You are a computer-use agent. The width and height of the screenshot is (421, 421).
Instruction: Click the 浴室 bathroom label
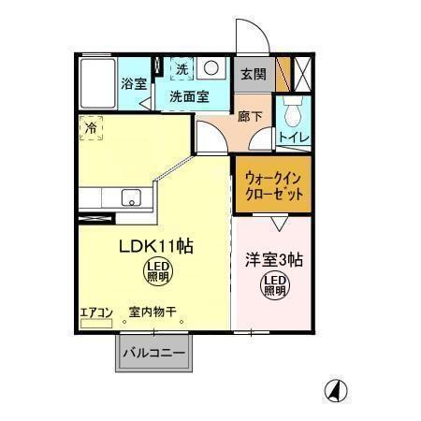[x=133, y=84]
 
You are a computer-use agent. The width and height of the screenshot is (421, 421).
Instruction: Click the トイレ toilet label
[x=295, y=138]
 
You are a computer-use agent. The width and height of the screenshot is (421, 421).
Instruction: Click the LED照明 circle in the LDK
[x=156, y=273]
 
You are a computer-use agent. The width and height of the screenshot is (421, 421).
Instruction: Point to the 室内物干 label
[x=152, y=312]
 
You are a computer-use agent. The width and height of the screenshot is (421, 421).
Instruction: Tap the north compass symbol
[x=332, y=389]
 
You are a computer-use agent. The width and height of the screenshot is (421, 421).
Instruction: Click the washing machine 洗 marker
[x=182, y=69]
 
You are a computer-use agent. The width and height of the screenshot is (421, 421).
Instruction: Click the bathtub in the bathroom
[x=96, y=83]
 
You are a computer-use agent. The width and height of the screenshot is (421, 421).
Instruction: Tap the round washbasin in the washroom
[x=211, y=68]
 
